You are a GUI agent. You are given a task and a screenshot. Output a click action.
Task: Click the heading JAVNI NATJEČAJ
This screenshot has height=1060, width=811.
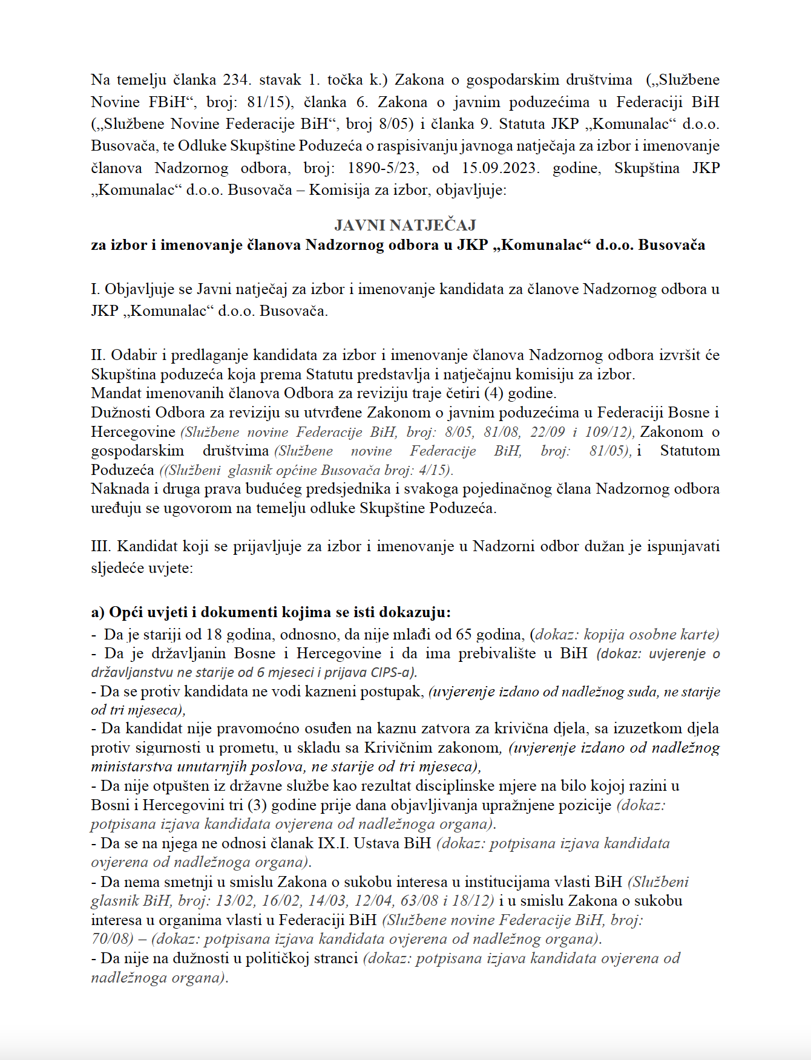point(405,225)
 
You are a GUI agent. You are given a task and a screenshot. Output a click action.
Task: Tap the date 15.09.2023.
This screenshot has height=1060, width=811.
point(500,168)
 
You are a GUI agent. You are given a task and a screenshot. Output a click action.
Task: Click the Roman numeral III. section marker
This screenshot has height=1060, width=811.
point(101,546)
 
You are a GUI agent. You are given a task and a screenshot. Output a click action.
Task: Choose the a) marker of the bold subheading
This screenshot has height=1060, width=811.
point(98,612)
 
